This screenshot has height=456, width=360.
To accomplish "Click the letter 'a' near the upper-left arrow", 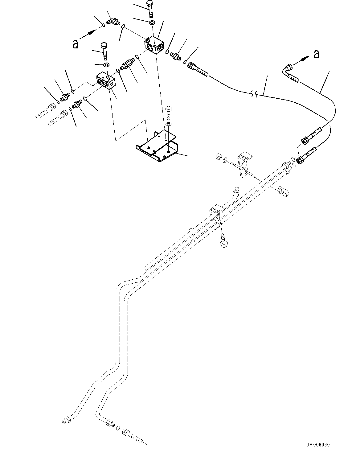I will pos(75,44).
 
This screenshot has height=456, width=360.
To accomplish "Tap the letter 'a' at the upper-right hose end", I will pos(316,55).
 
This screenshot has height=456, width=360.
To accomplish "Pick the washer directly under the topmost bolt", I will pos(152,23).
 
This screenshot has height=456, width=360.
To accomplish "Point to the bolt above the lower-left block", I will pos(104,51).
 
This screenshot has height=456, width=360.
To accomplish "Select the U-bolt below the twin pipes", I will pos(283,191).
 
